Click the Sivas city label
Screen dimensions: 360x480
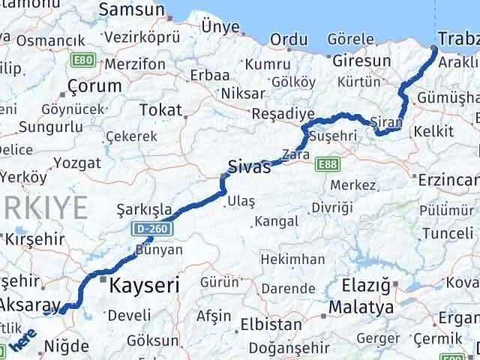point(250,166)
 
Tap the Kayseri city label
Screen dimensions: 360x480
point(144,285)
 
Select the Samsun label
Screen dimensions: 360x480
point(131,10)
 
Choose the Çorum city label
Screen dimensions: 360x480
point(94,85)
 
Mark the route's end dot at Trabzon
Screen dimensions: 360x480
point(434,49)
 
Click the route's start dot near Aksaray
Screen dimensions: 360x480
point(63,308)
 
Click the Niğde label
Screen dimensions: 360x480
point(68,346)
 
